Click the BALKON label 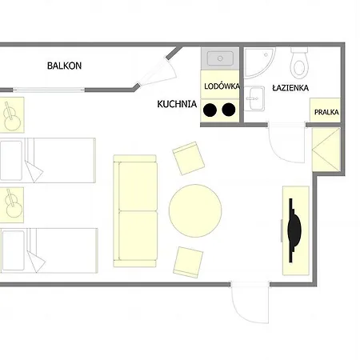pyautogui.click(x=64, y=66)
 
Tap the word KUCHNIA pyautogui.click(x=177, y=104)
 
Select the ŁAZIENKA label pyautogui.click(x=290, y=88)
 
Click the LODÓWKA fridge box pyautogui.click(x=220, y=84)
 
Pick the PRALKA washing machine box pyautogui.click(x=325, y=110)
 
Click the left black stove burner pyautogui.click(x=210, y=110)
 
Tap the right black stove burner pyautogui.click(x=229, y=110)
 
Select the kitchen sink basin pyautogui.click(x=220, y=58)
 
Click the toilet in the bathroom pyautogui.click(x=300, y=63)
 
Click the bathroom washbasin pyautogui.click(x=254, y=98)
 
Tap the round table pyautogui.click(x=195, y=210)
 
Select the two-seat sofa pyautogui.click(x=135, y=211)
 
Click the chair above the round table pyautogui.click(x=189, y=158)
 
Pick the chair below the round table pyautogui.click(x=188, y=262)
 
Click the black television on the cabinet pyautogui.click(x=294, y=230)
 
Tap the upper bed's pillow pyautogui.click(x=11, y=161)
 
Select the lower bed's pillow pyautogui.click(x=13, y=250)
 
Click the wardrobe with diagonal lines pyautogui.click(x=326, y=150)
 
